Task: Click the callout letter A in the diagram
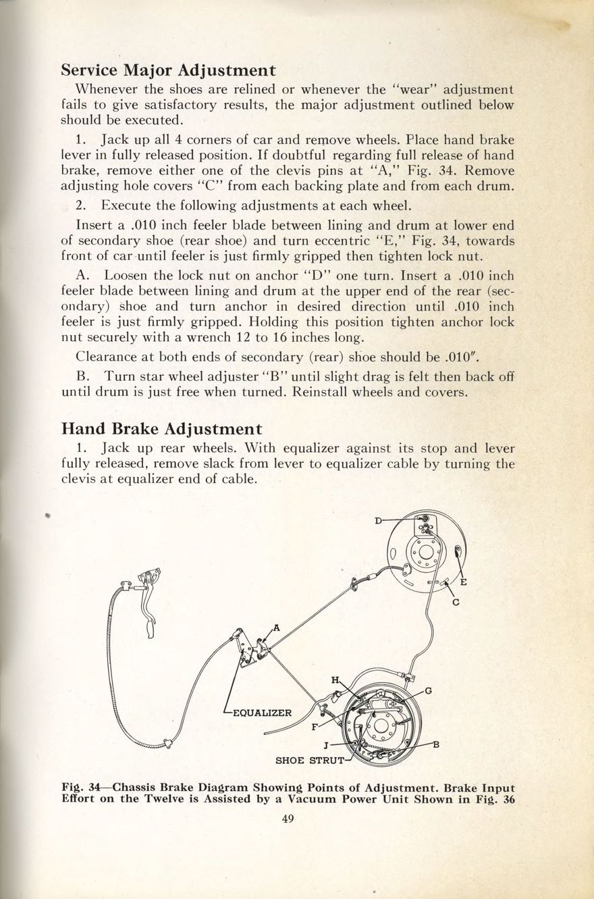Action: pyautogui.click(x=277, y=630)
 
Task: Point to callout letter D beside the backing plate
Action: pyautogui.click(x=378, y=519)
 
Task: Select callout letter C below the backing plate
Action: pyautogui.click(x=456, y=602)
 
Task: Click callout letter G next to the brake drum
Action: pyautogui.click(x=428, y=690)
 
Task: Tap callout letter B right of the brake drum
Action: pyautogui.click(x=436, y=745)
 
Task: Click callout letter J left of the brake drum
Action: pyautogui.click(x=326, y=746)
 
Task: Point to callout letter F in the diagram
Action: pyautogui.click(x=315, y=727)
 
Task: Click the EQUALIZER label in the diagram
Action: pyautogui.click(x=261, y=713)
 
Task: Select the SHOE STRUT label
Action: pyautogui.click(x=309, y=761)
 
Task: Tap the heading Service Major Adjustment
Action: pyautogui.click(x=168, y=70)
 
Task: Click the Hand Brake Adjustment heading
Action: pyautogui.click(x=161, y=428)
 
